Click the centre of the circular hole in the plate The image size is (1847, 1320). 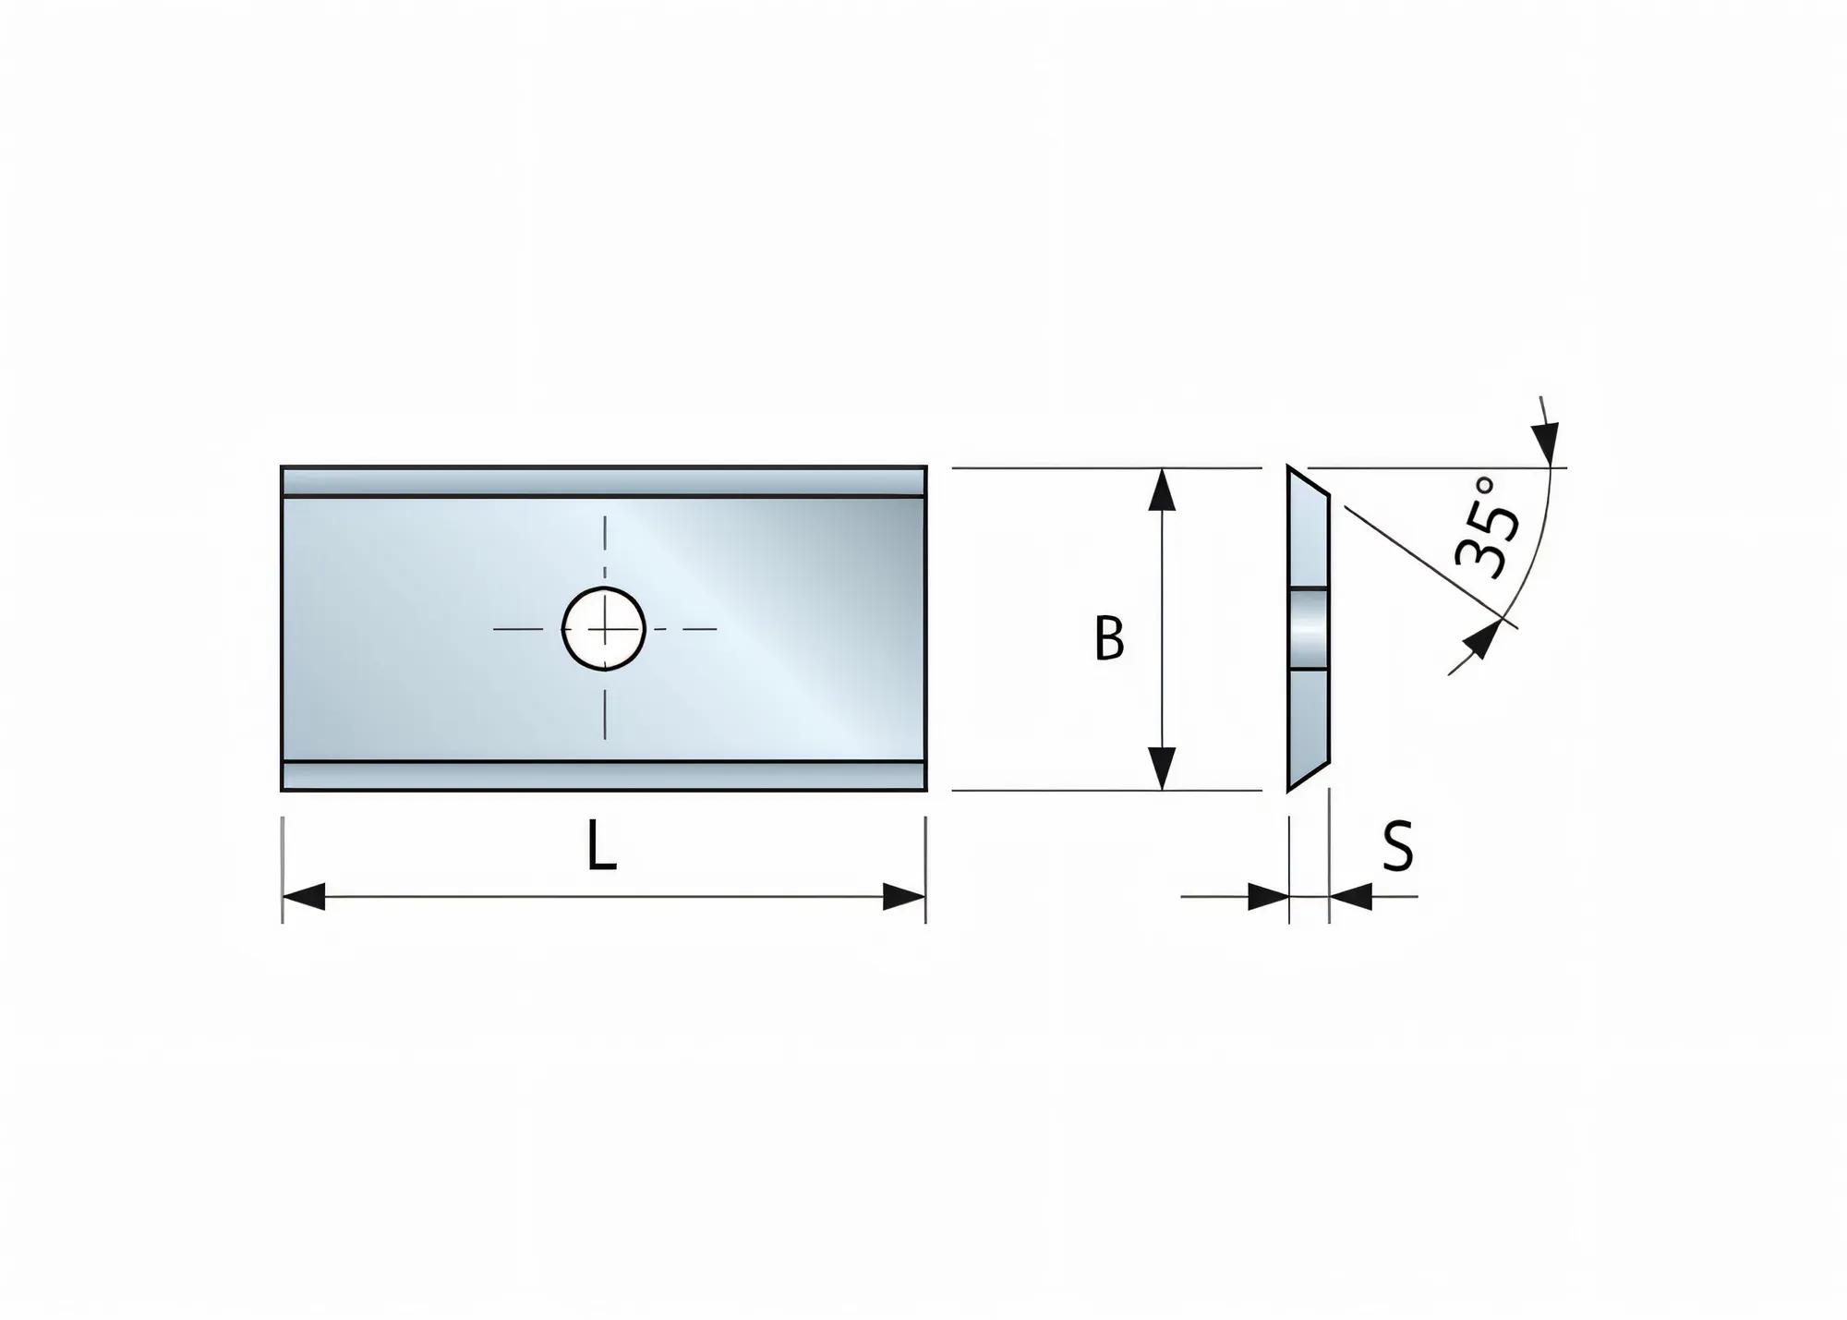click(x=604, y=629)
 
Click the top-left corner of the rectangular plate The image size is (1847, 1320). click(x=281, y=466)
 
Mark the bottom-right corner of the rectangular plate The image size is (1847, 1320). click(x=926, y=792)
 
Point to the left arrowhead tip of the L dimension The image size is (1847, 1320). click(x=283, y=896)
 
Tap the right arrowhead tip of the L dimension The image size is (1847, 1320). click(x=925, y=896)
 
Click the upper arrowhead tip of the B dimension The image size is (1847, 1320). click(x=1162, y=468)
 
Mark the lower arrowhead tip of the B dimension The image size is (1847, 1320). click(x=1162, y=791)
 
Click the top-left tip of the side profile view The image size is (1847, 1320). click(x=1288, y=466)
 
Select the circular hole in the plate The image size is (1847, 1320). click(x=604, y=629)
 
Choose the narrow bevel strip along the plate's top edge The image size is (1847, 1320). click(x=604, y=481)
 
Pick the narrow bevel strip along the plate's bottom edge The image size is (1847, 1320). click(x=604, y=776)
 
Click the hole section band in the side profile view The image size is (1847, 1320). click(x=1309, y=628)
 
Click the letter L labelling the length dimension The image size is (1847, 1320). click(x=601, y=846)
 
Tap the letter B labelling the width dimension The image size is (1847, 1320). click(x=1109, y=637)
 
